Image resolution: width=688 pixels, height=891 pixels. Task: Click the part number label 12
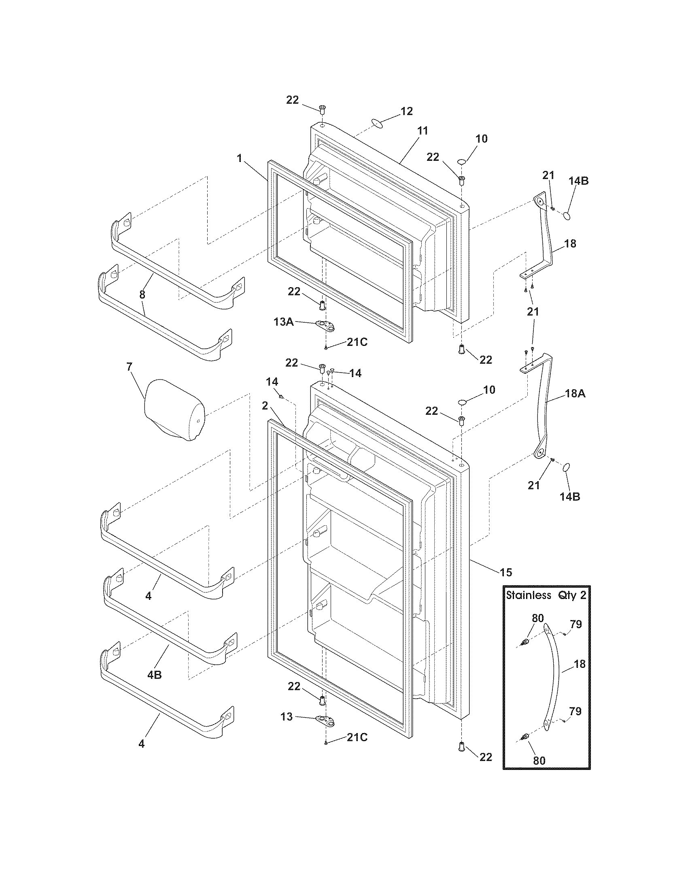click(x=406, y=111)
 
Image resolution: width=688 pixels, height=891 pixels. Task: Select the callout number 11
click(x=422, y=131)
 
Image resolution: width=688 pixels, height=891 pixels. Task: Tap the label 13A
click(x=283, y=322)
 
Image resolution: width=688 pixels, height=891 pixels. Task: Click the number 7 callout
click(x=129, y=367)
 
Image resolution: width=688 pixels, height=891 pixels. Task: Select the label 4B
click(x=155, y=675)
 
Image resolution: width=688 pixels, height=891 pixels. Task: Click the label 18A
click(x=575, y=393)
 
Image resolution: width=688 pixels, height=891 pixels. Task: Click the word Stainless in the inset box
click(x=528, y=595)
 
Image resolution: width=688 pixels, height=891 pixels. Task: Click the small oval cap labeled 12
click(x=378, y=123)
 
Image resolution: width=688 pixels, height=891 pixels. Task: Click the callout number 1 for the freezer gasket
click(x=240, y=159)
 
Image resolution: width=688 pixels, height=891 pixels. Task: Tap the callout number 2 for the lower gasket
click(x=265, y=405)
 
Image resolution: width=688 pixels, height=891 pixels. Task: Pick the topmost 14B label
click(x=579, y=181)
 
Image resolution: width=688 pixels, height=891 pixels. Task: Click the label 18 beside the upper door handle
click(x=570, y=243)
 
